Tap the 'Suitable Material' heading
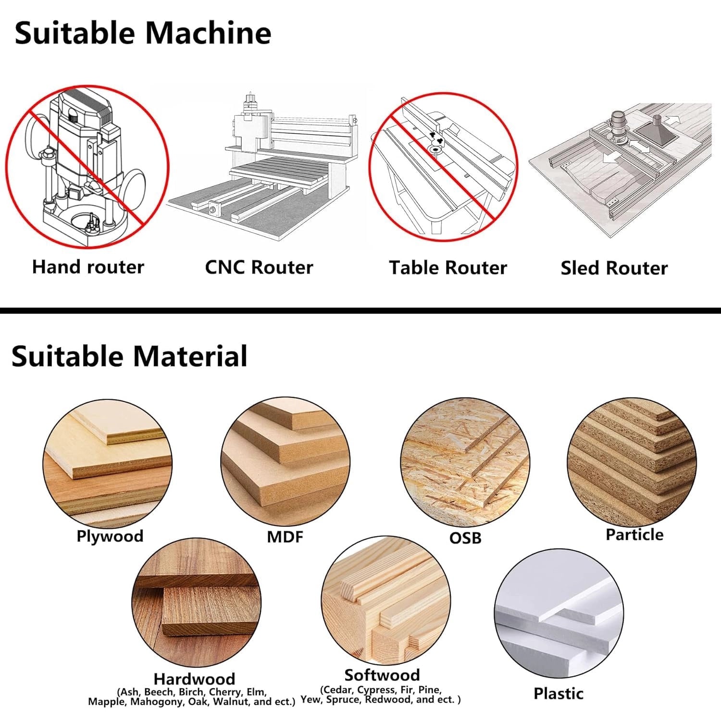click(129, 356)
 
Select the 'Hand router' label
click(88, 267)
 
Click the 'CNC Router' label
click(259, 267)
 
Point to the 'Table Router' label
click(448, 268)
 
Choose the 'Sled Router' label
click(614, 268)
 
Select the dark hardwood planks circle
click(196, 603)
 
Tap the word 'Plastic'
click(559, 693)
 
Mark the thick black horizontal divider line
click(360, 311)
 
